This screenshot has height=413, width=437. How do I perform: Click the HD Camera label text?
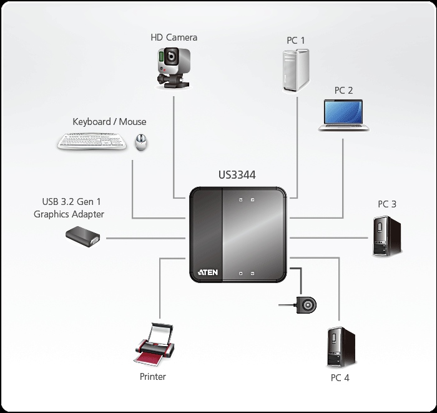click(174, 37)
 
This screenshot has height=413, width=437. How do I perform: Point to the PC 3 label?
click(386, 204)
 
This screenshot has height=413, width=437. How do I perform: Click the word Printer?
click(153, 377)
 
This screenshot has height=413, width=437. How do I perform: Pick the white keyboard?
click(94, 142)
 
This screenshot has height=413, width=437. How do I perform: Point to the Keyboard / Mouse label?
click(109, 122)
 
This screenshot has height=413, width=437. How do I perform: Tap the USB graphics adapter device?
click(83, 237)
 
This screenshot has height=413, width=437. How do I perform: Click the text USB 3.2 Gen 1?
click(69, 202)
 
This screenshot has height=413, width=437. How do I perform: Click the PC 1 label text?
click(295, 41)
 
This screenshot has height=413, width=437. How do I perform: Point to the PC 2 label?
click(343, 91)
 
